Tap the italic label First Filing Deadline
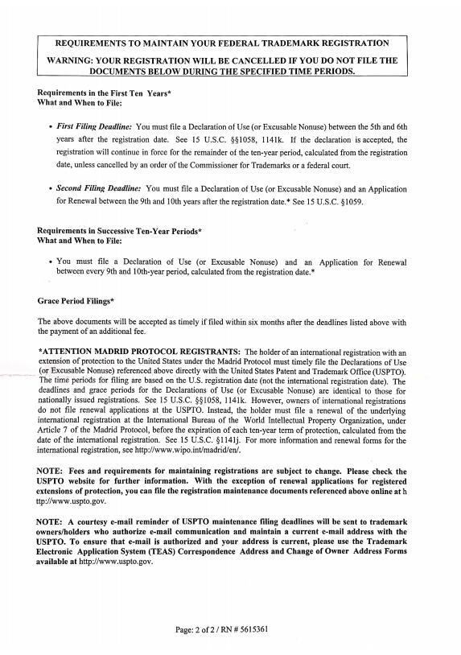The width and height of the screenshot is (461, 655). [x=94, y=127]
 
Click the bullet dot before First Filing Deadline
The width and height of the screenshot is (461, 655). [x=51, y=127]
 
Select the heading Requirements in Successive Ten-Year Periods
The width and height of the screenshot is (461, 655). [x=119, y=231]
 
